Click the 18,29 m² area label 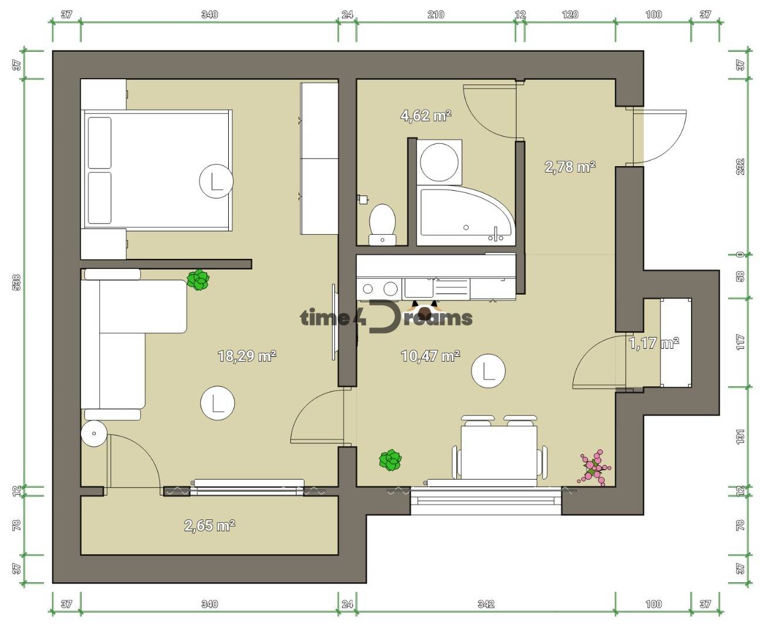tap(247, 356)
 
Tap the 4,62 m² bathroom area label tap(426, 116)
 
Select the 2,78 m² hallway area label tap(570, 167)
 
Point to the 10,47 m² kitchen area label tap(431, 356)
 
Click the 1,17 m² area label tap(654, 343)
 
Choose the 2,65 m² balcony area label tap(209, 525)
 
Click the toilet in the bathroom tap(382, 224)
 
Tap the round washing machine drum tap(439, 162)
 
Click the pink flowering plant tap(594, 467)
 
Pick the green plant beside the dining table tap(390, 460)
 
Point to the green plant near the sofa tap(198, 280)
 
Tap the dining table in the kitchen tap(499, 452)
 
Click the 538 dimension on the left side tap(16, 282)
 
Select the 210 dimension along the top tap(436, 15)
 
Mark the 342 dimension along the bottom tap(486, 604)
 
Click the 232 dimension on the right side tap(740, 167)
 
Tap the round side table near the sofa tap(94, 433)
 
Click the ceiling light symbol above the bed tap(216, 181)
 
